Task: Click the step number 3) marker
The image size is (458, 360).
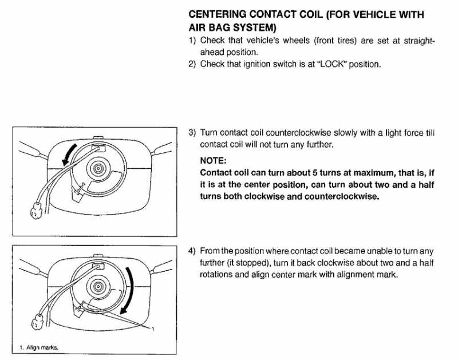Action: click(192, 133)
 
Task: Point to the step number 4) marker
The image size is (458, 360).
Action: click(192, 251)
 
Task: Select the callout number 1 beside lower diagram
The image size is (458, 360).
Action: click(152, 327)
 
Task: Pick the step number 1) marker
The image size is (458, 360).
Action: click(192, 41)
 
